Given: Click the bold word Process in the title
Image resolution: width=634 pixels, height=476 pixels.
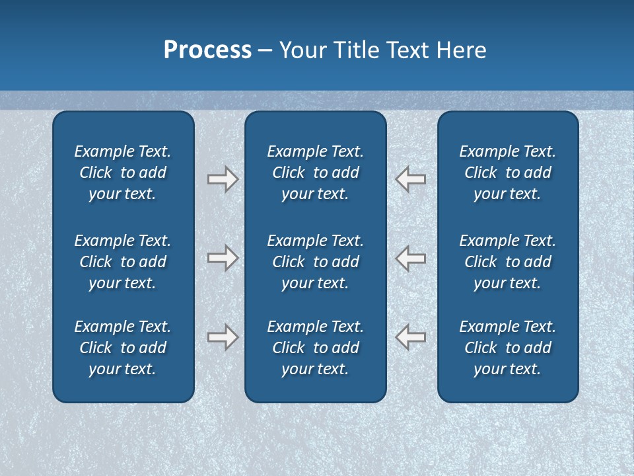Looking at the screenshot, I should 207,50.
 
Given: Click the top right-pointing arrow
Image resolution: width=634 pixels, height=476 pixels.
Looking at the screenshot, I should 223,178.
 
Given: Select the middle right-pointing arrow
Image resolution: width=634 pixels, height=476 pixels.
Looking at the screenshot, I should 223,258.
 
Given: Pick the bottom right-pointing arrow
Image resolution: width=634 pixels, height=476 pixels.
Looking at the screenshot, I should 223,337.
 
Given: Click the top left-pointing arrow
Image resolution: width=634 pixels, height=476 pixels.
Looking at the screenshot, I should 411,178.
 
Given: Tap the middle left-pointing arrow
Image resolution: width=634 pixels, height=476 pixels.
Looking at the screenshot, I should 411,258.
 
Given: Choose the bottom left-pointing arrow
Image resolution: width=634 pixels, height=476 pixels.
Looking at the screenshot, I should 411,337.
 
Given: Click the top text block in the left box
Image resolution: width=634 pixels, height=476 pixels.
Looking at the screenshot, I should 123,173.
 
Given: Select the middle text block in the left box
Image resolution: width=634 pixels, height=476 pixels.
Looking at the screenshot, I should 123,262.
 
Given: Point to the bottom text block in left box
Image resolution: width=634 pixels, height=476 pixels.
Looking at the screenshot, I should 123,348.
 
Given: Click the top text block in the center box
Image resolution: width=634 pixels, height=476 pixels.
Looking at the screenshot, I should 315,173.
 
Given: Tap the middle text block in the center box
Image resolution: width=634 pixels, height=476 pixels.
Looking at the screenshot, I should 315,262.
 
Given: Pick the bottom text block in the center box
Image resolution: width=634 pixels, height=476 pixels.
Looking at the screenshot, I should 315,348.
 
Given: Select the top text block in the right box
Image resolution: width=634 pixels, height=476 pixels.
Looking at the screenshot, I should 507,173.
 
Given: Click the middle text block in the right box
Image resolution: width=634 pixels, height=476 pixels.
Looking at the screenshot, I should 507,262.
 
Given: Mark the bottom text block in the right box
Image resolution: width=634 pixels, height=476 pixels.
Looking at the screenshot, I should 507,348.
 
